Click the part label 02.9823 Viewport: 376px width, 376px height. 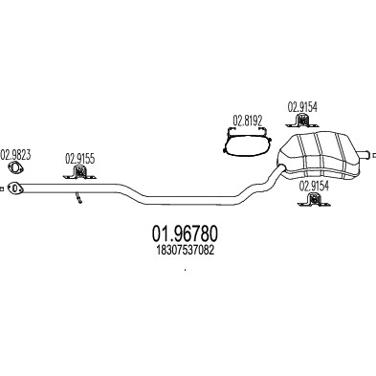[x=15, y=155]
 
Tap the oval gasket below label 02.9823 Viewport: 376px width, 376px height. [x=15, y=168]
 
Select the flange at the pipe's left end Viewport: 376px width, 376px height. [x=15, y=188]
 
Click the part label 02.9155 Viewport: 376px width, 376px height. [x=80, y=159]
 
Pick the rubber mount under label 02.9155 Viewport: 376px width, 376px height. [x=79, y=172]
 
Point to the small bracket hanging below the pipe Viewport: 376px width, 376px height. [x=78, y=197]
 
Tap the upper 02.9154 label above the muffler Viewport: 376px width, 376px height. [x=302, y=107]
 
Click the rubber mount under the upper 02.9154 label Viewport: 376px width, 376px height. [x=301, y=122]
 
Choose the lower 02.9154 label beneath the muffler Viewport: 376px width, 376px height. [x=314, y=186]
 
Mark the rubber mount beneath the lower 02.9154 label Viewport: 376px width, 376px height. [x=314, y=199]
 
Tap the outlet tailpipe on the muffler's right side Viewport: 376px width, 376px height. [x=365, y=155]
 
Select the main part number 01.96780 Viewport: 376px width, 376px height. [x=186, y=233]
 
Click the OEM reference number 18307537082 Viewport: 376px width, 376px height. [x=185, y=251]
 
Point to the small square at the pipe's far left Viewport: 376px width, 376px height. [x=2, y=188]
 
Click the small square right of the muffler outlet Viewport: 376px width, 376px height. [x=374, y=155]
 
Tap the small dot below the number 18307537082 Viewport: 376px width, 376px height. [x=186, y=270]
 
